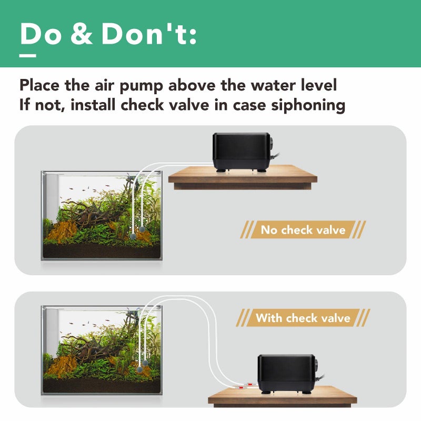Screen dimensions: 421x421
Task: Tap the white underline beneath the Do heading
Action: (28, 55)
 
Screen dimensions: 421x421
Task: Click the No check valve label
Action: (303, 230)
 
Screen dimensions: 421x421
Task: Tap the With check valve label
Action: (303, 318)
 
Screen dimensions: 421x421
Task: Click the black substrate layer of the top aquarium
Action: (100, 252)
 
